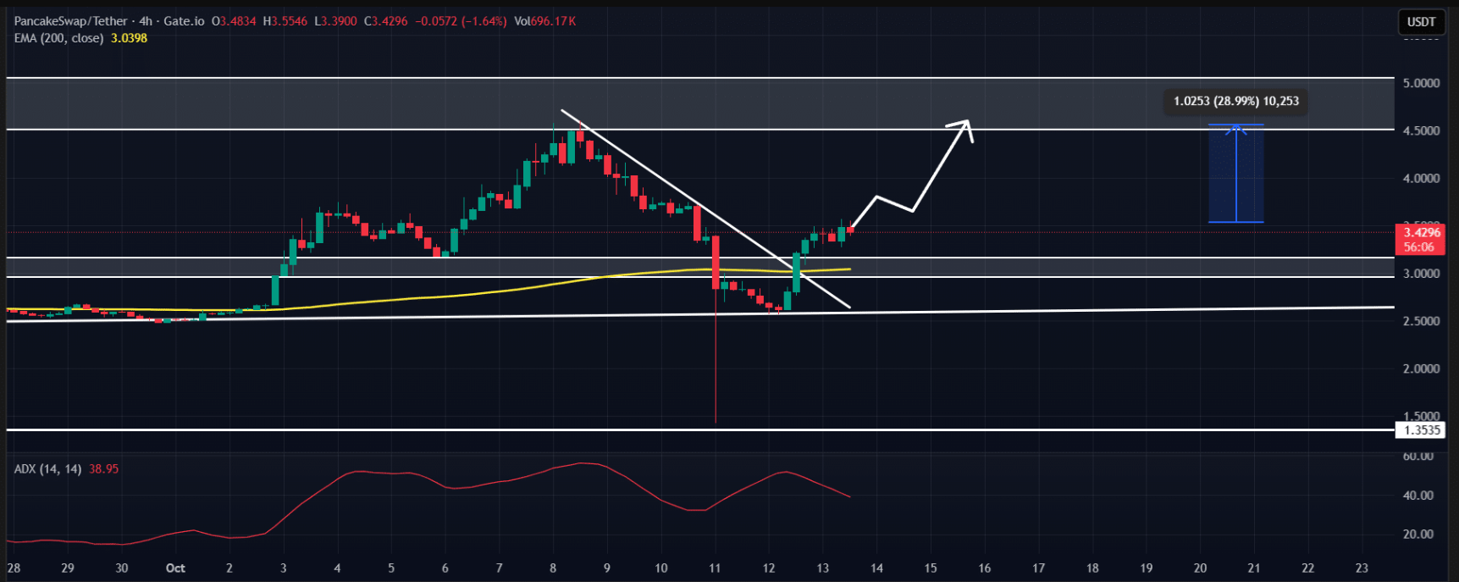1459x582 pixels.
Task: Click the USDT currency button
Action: pyautogui.click(x=1421, y=21)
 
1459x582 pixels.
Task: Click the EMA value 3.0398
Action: pyautogui.click(x=129, y=38)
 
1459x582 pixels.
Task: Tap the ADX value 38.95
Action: pyautogui.click(x=103, y=468)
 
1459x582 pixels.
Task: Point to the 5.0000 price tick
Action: pyautogui.click(x=1421, y=83)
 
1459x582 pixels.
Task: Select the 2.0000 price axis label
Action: pyautogui.click(x=1421, y=369)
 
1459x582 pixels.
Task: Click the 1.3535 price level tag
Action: pyautogui.click(x=1422, y=430)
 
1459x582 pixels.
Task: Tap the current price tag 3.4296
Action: pyautogui.click(x=1422, y=232)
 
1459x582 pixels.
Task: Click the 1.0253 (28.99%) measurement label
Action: pyautogui.click(x=1235, y=102)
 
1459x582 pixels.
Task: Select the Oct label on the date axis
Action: pyautogui.click(x=175, y=568)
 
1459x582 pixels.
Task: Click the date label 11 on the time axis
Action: pyautogui.click(x=715, y=568)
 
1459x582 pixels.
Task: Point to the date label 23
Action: pyautogui.click(x=1362, y=568)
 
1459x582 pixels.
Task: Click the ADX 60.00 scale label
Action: pyautogui.click(x=1418, y=456)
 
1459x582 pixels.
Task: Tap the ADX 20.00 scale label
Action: pyautogui.click(x=1418, y=535)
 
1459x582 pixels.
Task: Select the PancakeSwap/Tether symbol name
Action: pyautogui.click(x=71, y=21)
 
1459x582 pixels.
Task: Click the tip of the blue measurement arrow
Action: pyautogui.click(x=1236, y=126)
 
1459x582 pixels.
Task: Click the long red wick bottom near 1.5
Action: pyautogui.click(x=716, y=421)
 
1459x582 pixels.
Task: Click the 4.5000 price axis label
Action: pyautogui.click(x=1421, y=130)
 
